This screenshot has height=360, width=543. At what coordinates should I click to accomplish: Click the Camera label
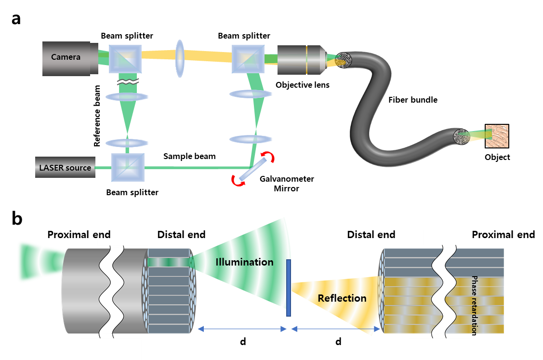point(66,57)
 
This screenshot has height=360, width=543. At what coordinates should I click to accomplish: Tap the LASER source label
point(66,168)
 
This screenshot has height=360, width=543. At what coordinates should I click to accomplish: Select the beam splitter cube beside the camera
point(125,59)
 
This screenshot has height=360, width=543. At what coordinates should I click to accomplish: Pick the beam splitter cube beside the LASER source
point(128,167)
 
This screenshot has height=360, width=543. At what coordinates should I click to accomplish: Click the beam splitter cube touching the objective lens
point(248,59)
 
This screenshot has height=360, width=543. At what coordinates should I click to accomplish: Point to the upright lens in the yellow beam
point(180,58)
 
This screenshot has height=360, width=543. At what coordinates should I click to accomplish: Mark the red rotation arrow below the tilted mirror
point(238,180)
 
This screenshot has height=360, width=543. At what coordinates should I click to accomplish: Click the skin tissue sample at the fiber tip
point(496,136)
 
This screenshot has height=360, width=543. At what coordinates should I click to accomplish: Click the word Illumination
point(244,263)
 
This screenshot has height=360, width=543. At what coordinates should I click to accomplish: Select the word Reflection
point(342,298)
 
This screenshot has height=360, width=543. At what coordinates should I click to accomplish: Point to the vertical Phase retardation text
point(475,304)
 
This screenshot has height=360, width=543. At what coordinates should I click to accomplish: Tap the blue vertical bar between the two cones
point(289,288)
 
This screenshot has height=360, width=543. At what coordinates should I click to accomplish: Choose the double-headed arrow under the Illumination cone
point(242,329)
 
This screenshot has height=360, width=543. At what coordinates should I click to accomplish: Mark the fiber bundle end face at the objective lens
point(344,60)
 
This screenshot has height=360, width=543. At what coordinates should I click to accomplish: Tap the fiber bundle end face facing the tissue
point(462,137)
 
